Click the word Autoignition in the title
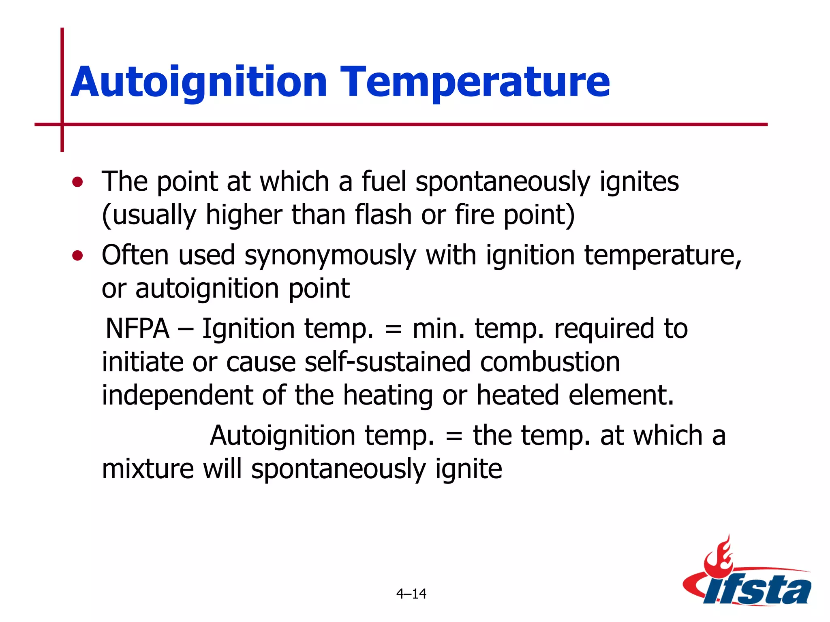coord(199,82)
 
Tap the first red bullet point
coord(77,182)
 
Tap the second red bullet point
coord(77,256)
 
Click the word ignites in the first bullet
coord(639,181)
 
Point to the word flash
coord(383,215)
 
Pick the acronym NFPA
coord(137,328)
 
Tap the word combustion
coord(550,362)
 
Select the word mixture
coord(148,469)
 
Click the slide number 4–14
coord(411,594)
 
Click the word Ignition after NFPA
coord(248,328)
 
